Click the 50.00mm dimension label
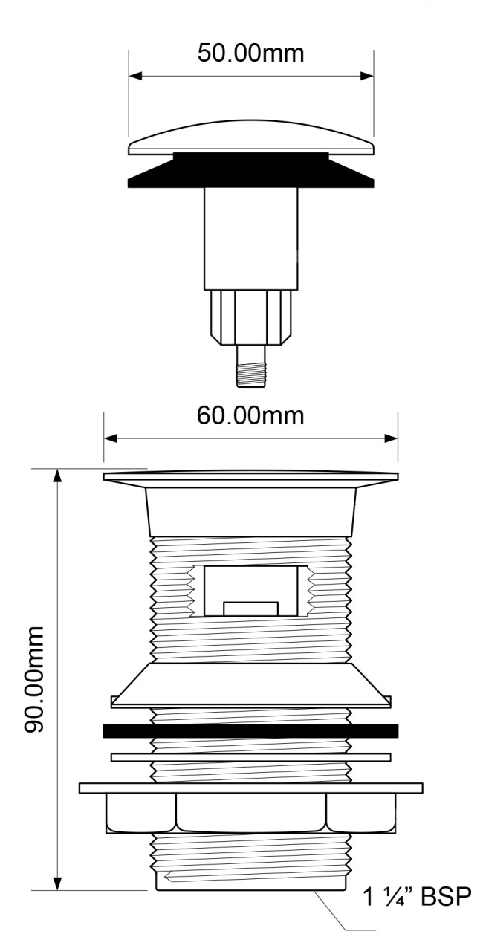[250, 53]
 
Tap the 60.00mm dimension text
[250, 415]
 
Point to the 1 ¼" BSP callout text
[417, 895]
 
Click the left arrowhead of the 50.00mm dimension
[136, 76]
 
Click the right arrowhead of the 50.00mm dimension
[366, 76]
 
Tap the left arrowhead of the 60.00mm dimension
[111, 438]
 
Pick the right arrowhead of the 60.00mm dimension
[391, 438]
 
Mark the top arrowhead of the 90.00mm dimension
[57, 476]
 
